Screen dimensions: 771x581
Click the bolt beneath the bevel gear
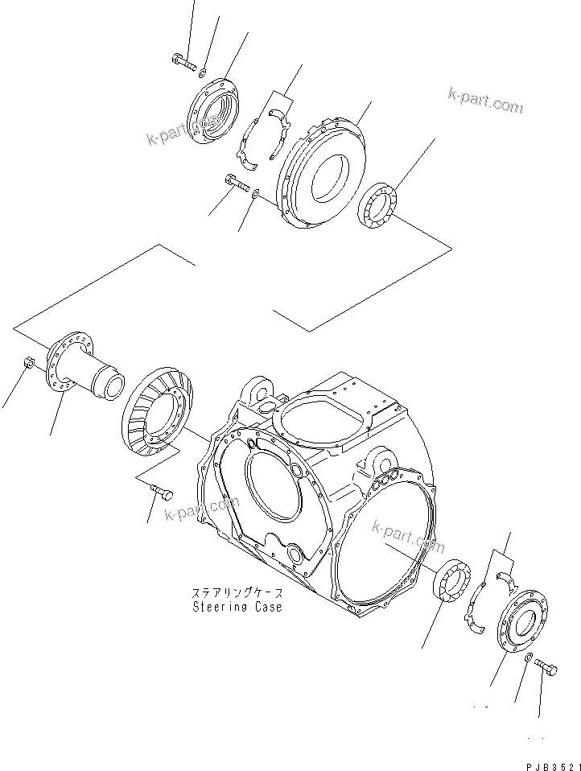(x=162, y=493)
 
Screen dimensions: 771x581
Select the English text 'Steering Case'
(x=237, y=607)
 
